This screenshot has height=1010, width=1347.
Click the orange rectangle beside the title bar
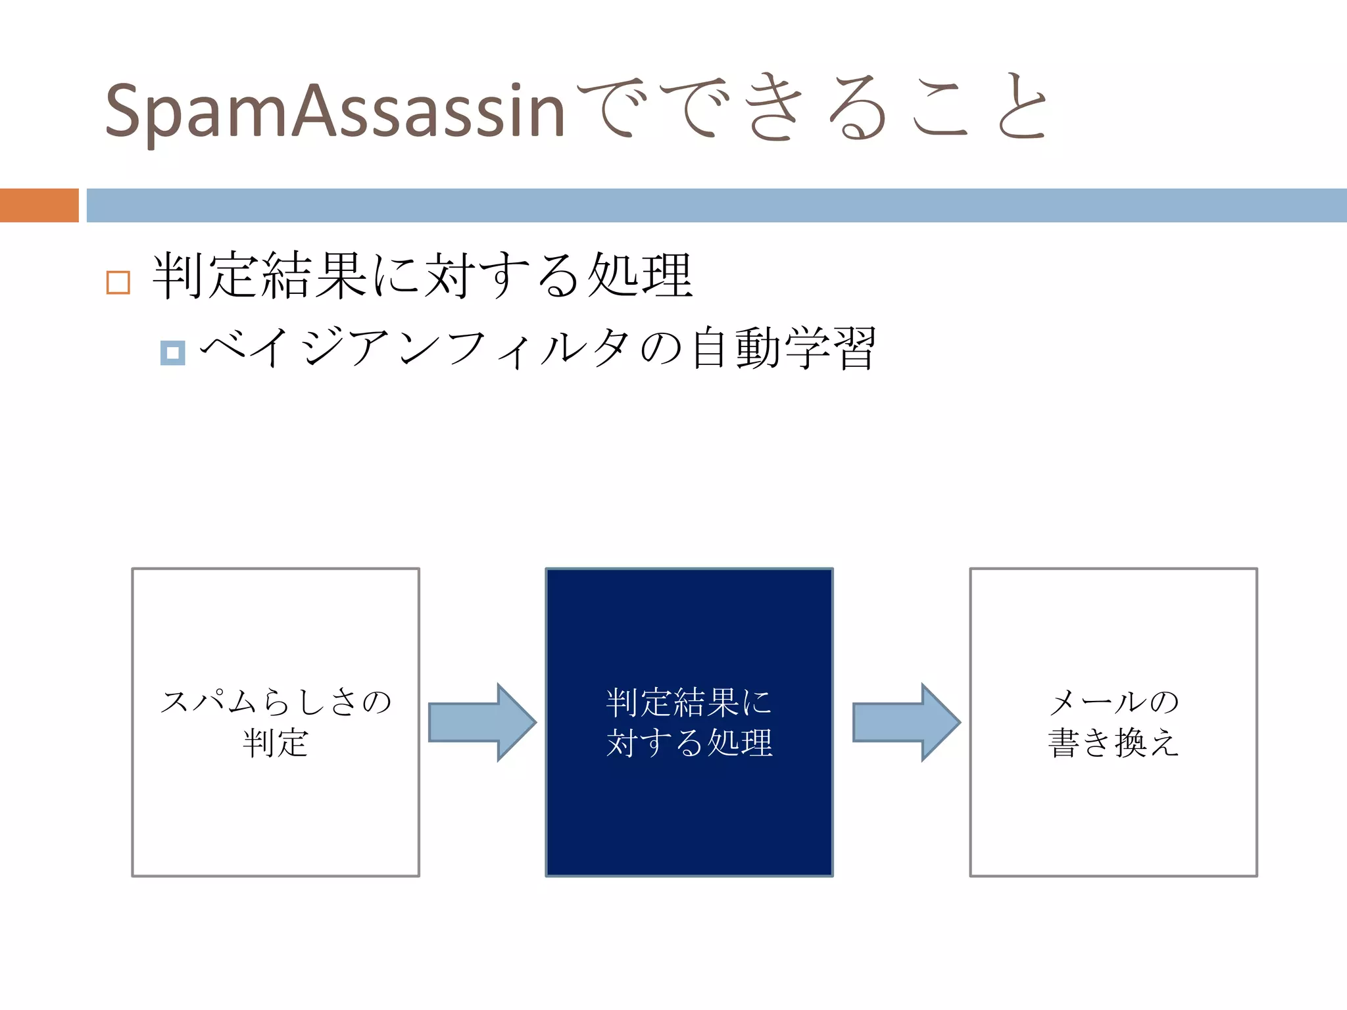[39, 205]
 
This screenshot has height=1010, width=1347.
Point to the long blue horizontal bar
[716, 205]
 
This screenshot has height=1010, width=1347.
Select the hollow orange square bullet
[118, 282]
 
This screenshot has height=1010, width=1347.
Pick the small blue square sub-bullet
[172, 353]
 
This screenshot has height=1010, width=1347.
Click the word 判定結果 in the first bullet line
[260, 276]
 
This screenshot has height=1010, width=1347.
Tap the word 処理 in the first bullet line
[639, 276]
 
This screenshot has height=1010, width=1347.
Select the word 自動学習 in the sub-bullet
[783, 349]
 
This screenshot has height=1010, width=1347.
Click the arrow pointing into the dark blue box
[482, 722]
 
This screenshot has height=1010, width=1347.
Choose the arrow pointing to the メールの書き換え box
[906, 722]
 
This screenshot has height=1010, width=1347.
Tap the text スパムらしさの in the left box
[276, 702]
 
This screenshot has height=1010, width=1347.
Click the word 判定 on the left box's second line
[276, 743]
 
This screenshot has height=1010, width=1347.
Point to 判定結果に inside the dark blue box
[689, 702]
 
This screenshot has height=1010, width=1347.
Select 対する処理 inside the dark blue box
[689, 743]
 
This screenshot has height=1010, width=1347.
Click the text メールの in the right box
[1114, 702]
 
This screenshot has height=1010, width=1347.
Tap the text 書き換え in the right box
[1114, 743]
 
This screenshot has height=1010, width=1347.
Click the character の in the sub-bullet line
[661, 349]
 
